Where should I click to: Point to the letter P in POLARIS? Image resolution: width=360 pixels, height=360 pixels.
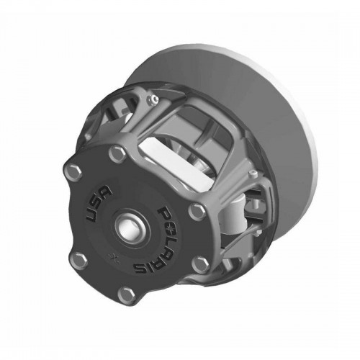[164, 204]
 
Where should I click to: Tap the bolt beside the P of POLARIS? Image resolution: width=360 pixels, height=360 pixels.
[196, 210]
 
